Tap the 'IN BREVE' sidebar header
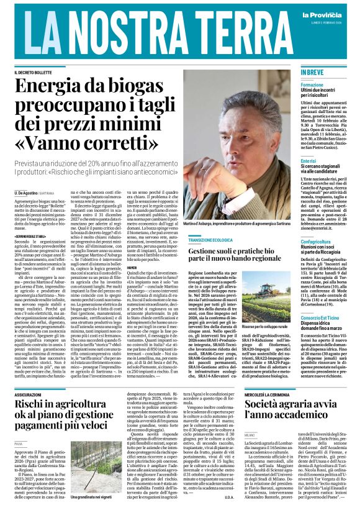click(x=312, y=73)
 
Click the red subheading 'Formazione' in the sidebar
click(x=312, y=84)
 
